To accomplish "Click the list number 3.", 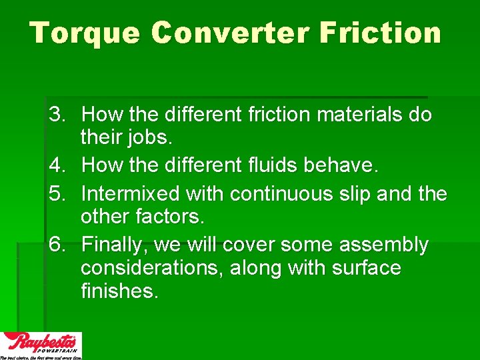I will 55,115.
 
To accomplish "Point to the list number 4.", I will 55,166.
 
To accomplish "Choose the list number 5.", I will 55,193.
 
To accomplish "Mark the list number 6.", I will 55,245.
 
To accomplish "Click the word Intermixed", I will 121,193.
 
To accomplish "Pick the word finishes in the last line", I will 119,292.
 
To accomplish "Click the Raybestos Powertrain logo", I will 41,345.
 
